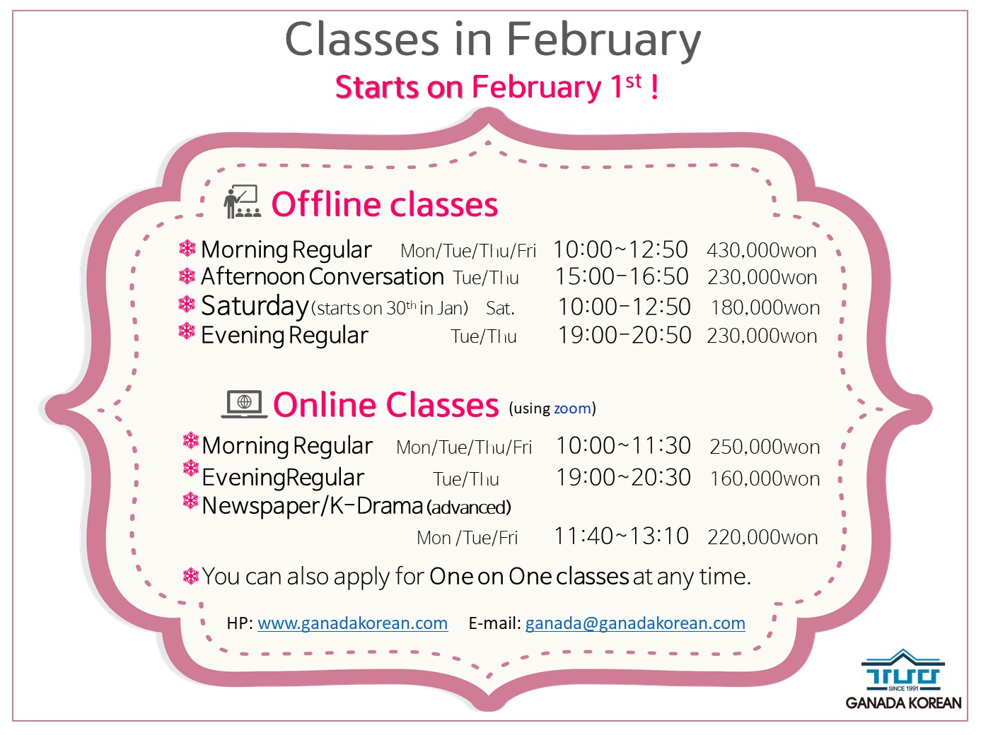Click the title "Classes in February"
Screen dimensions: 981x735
pos(492,40)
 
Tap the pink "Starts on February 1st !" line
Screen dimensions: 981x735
pos(496,87)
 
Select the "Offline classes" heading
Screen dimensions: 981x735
pos(384,204)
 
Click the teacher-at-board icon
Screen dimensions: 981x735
pos(242,201)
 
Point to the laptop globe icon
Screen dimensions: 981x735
pos(244,404)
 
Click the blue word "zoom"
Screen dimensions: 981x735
pos(572,408)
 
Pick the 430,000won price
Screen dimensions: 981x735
pos(761,250)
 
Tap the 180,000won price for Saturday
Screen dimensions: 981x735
pos(765,307)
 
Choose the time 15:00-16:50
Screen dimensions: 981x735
pos(621,276)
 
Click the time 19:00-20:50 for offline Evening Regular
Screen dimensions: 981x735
pos(625,335)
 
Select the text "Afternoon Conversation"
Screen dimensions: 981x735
pos(323,276)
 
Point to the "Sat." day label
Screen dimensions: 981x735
pos(500,308)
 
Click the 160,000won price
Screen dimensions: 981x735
pos(765,478)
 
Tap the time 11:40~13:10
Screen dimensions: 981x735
pos(621,536)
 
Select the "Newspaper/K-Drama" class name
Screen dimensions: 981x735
pos(312,507)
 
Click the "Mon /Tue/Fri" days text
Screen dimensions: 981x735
pos(467,538)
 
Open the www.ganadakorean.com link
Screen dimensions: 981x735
pos(353,623)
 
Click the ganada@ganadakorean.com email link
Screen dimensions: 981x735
pos(635,623)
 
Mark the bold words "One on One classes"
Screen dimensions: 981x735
pos(529,577)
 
